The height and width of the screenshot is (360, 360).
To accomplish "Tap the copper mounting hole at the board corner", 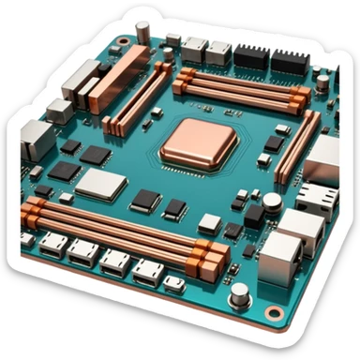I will point(273,311).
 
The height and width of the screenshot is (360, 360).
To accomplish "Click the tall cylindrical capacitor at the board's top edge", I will point(142,32).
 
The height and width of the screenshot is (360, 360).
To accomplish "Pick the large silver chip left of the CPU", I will point(100,185).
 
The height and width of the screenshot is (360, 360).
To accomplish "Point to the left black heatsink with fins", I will point(250,55).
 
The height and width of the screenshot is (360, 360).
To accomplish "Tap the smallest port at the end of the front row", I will point(173,282).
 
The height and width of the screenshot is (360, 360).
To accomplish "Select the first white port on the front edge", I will point(52,246).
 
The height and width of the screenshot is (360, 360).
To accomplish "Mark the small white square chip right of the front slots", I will point(209,224).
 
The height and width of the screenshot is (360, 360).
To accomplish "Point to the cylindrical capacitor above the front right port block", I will point(271,202).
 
